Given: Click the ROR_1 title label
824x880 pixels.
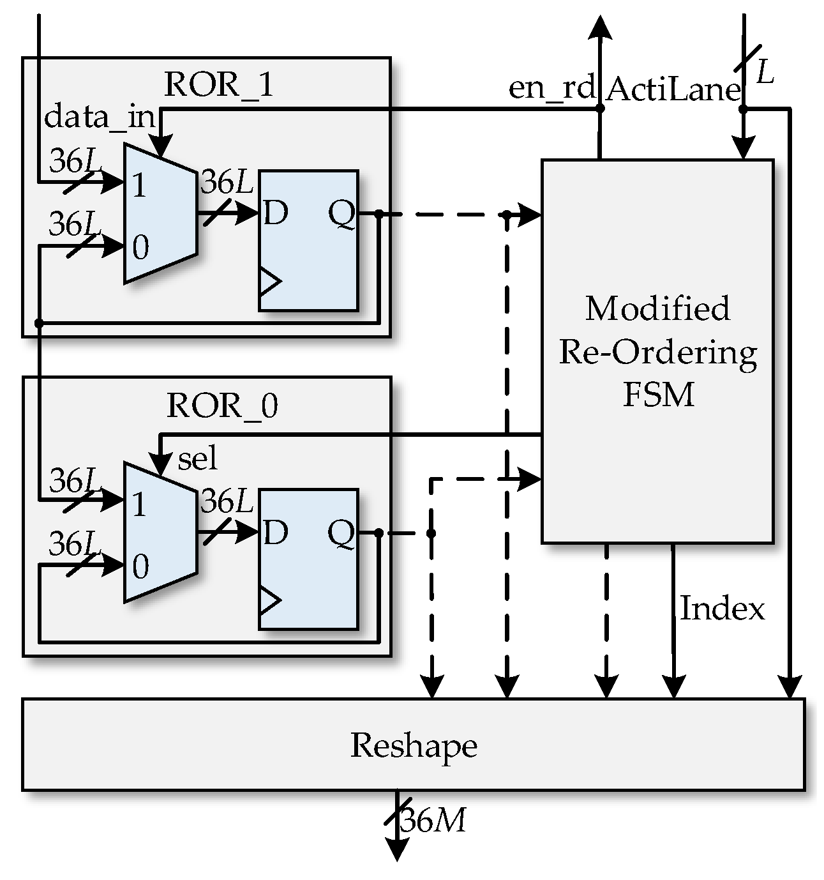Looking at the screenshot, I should click(x=219, y=85).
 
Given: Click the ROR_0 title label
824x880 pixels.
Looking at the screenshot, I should click(x=222, y=406).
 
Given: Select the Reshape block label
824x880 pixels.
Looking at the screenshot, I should click(x=414, y=745).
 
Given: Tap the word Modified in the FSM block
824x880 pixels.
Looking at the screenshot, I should click(x=657, y=309).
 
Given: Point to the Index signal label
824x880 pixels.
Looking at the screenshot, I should click(x=722, y=608).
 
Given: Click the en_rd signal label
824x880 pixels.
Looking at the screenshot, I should click(x=551, y=87).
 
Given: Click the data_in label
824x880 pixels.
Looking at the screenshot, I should click(x=100, y=117).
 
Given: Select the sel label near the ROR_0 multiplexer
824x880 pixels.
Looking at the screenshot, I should click(x=198, y=459).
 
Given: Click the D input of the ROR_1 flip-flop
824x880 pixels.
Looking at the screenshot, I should click(x=275, y=213).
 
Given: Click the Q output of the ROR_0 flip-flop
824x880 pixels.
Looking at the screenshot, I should click(x=341, y=533).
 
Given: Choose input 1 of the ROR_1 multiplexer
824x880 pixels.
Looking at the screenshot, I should click(x=139, y=185).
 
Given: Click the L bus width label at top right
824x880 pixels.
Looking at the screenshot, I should click(x=765, y=73).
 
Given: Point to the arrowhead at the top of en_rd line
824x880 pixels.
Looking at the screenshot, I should click(x=600, y=28).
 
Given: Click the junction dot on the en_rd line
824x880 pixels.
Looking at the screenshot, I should click(x=600, y=109).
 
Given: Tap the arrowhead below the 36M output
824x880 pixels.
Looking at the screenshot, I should click(x=396, y=850).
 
